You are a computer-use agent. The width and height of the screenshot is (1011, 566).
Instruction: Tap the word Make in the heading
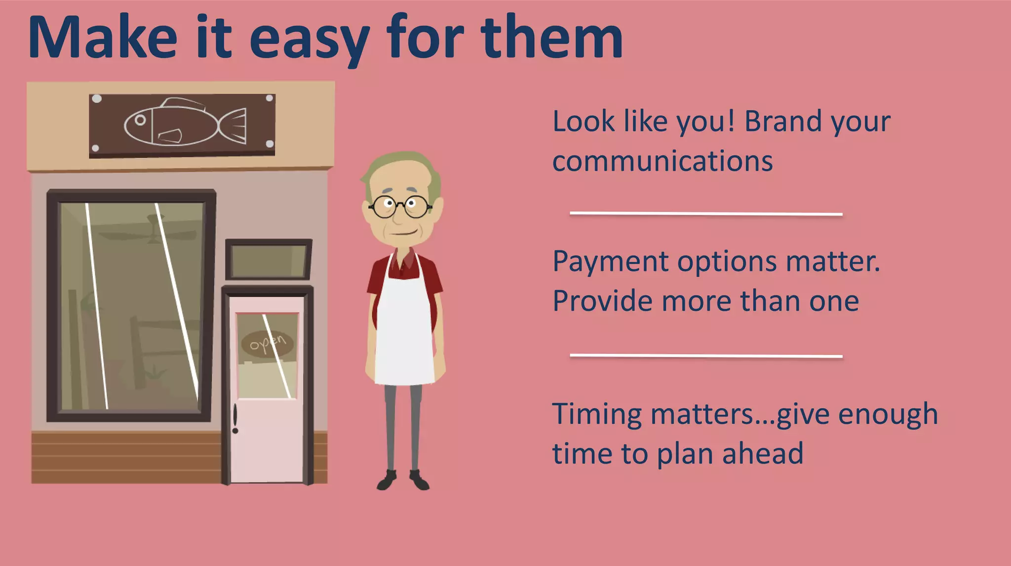pos(102,39)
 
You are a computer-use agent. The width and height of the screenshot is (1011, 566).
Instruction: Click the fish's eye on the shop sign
pos(140,120)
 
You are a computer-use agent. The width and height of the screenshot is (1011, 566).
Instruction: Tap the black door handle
pos(235,418)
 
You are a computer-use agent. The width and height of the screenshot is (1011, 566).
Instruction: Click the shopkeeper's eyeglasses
pos(400,206)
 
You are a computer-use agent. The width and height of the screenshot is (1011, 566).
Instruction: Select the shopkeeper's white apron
pos(404,331)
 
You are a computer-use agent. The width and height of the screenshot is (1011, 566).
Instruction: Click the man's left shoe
pos(420,480)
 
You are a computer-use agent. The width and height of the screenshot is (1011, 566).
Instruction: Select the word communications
pos(662,162)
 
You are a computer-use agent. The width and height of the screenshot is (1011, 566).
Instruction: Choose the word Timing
pos(596,414)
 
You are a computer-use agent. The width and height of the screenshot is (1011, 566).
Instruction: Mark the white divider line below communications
pos(706,214)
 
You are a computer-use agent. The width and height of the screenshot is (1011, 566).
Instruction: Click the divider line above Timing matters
pos(706,355)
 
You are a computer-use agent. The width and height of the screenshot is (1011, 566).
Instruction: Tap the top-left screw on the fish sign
pos(97,99)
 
